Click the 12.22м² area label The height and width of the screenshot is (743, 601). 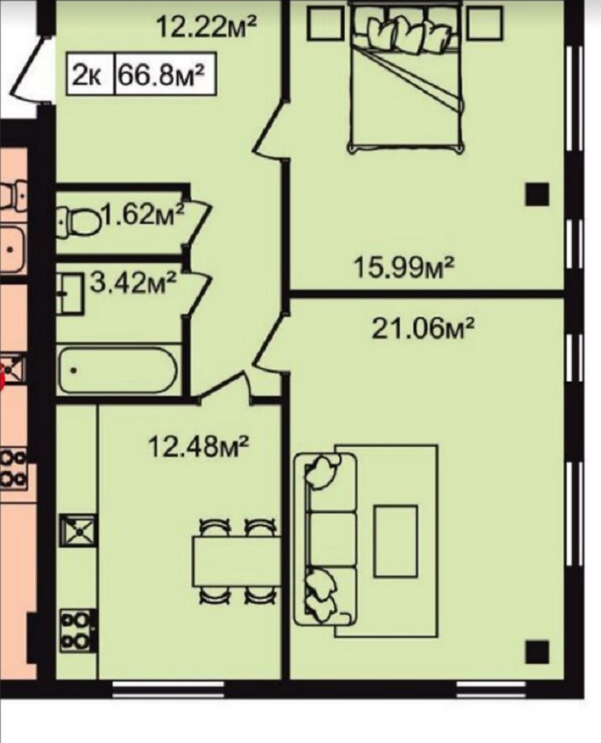click(207, 27)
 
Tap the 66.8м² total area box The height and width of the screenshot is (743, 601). click(164, 74)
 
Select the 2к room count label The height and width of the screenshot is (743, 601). click(90, 74)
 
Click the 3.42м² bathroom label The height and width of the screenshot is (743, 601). click(133, 282)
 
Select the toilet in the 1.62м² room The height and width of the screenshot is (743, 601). click(78, 222)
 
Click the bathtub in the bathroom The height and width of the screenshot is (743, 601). click(118, 371)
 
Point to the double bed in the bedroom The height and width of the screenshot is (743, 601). click(407, 78)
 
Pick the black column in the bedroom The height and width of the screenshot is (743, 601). click(537, 195)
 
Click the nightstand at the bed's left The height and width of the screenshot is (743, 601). click(324, 23)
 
